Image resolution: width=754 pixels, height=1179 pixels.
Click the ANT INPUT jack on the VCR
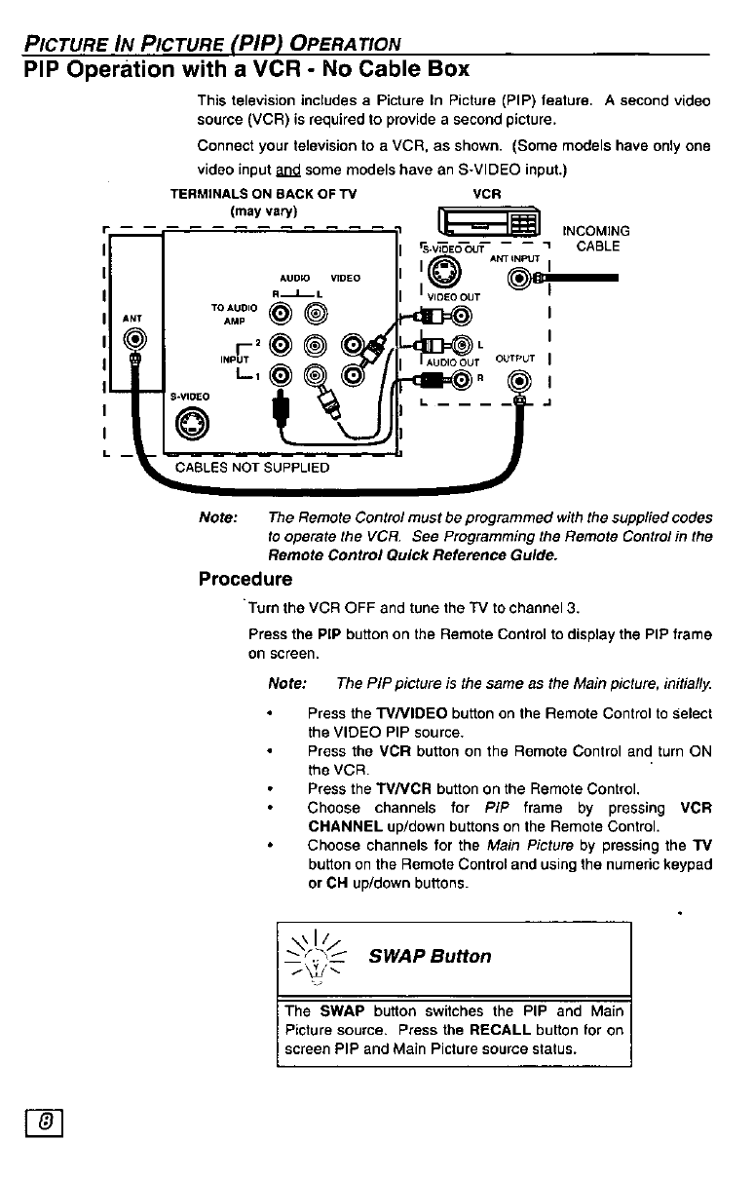[x=519, y=280]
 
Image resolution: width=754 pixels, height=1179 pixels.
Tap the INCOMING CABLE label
[x=597, y=239]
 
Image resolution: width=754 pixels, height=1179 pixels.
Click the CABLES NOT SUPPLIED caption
[x=252, y=467]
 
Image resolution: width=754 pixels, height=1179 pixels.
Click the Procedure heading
[x=245, y=580]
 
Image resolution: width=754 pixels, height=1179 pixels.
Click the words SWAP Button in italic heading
[x=431, y=956]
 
